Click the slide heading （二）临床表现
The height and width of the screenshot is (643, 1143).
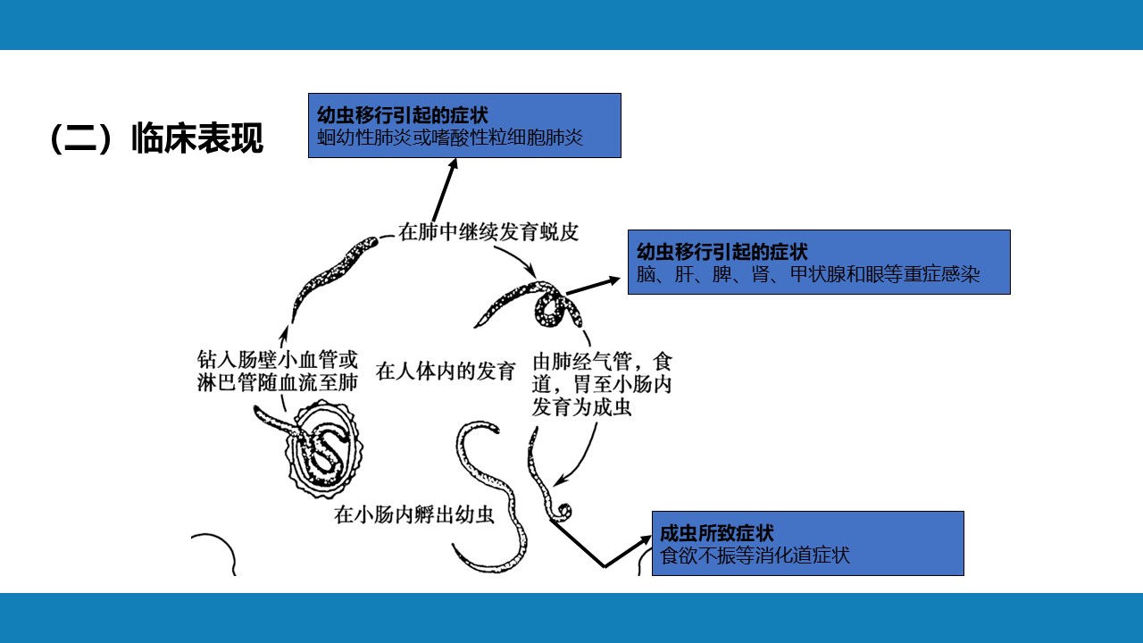(x=156, y=138)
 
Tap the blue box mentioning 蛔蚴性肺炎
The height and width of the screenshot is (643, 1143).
(x=464, y=126)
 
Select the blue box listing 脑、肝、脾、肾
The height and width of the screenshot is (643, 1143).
(x=819, y=263)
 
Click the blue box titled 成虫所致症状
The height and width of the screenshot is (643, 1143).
(x=808, y=544)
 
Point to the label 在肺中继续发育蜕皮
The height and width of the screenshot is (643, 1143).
(x=488, y=231)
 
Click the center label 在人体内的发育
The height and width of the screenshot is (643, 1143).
(x=446, y=371)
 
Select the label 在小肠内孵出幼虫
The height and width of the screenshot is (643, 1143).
(x=414, y=514)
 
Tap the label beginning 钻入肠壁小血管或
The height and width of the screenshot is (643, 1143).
(x=278, y=371)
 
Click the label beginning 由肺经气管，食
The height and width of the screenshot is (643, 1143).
(x=602, y=385)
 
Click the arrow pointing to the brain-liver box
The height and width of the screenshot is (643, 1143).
(x=594, y=286)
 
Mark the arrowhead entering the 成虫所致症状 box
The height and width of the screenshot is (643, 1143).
(x=646, y=540)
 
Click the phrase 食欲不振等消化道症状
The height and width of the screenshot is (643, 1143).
(x=755, y=555)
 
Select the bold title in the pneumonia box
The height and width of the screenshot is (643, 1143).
(x=403, y=115)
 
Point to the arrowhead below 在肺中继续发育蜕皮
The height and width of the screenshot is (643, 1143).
(x=530, y=271)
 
